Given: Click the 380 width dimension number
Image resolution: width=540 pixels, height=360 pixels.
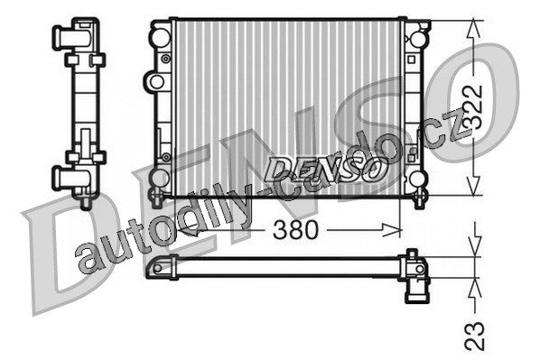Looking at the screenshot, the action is pos(295,229).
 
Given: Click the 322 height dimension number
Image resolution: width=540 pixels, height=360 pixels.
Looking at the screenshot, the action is pos(472,107).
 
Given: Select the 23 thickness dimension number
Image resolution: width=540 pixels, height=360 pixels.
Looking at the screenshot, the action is pos(474,336).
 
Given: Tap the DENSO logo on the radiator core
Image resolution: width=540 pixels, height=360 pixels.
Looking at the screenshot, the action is pos(323,169).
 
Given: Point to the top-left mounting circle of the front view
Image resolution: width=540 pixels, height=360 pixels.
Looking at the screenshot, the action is pos(160,37).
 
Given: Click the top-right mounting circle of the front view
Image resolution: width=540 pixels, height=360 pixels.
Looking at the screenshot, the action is pos(419,39).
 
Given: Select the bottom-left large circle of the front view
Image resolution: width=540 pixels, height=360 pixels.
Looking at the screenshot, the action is pos(160,179).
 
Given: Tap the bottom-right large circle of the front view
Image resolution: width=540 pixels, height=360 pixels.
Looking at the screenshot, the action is pos(417,180).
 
